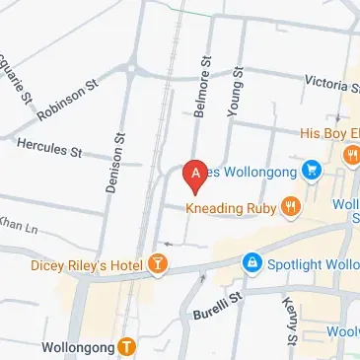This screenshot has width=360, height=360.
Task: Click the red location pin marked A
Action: (195, 175)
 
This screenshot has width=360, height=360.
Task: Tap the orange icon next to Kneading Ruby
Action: (290, 206)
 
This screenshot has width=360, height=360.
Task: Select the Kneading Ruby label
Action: (232, 207)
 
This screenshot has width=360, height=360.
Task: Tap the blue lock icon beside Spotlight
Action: (252, 262)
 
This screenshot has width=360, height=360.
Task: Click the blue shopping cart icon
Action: (311, 170)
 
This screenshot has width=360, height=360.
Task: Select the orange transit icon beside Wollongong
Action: (127, 345)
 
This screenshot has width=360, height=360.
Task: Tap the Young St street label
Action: (235, 96)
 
